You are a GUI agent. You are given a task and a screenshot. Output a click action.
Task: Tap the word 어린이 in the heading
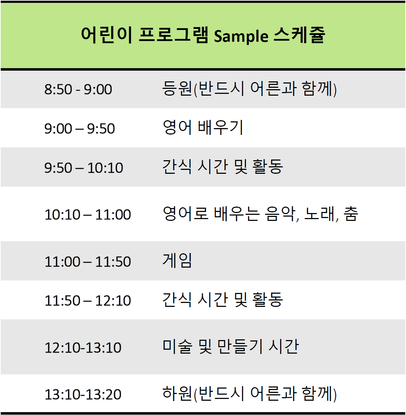[107, 35]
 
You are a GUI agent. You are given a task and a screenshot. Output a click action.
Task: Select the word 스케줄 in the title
[299, 35]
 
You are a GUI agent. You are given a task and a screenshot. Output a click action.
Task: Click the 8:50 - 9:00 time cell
[78, 89]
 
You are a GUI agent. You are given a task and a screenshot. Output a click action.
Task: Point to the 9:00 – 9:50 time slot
[79, 128]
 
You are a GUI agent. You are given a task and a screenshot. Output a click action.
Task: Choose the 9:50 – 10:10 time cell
[83, 168]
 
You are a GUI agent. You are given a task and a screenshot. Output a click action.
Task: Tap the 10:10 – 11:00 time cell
[88, 214]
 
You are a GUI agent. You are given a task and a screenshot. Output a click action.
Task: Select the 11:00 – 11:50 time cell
[88, 262]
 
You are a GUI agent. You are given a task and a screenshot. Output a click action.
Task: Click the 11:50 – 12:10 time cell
[88, 301]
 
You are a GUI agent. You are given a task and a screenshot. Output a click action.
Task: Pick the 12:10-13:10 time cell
[83, 348]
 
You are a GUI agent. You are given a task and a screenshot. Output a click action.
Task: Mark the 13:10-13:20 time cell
[83, 394]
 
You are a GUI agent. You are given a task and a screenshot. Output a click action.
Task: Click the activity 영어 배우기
[203, 127]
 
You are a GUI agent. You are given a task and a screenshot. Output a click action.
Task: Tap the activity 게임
[177, 260]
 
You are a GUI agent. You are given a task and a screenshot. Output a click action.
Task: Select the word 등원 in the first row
[177, 88]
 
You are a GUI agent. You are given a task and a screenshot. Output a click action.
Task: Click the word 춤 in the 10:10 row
[351, 214]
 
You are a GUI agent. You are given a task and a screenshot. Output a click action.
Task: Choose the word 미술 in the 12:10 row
[178, 346]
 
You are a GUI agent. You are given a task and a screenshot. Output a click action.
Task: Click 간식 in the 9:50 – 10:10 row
[177, 167]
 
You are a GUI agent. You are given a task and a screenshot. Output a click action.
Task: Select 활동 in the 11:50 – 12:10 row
[268, 300]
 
